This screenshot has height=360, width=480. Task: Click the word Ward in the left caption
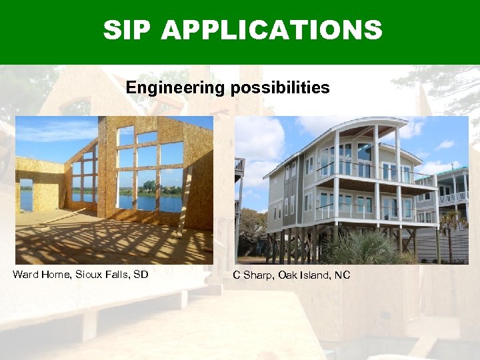[x=25, y=274]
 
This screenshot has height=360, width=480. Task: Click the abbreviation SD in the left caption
[x=141, y=274]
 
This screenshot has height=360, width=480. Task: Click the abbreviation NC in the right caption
[x=342, y=275]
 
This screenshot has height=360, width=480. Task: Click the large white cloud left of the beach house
[x=257, y=140]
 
